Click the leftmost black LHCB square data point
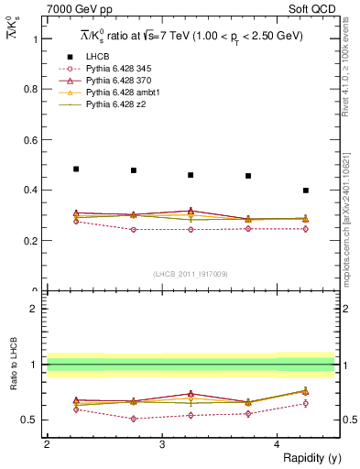(x=76, y=169)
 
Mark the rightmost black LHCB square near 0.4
(x=306, y=191)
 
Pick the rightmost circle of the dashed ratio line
(x=306, y=403)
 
